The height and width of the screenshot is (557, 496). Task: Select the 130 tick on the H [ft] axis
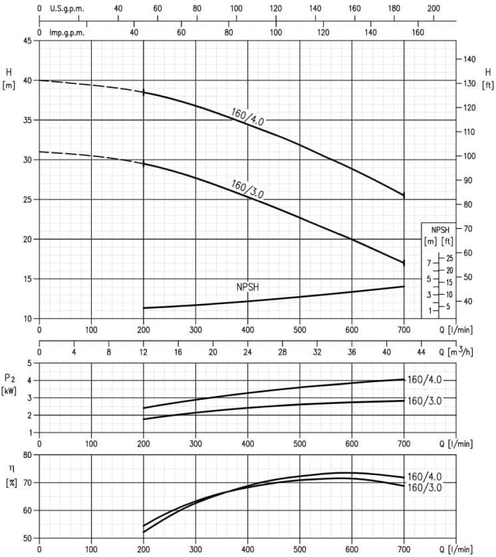point(470,84)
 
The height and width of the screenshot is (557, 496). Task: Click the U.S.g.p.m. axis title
point(67,9)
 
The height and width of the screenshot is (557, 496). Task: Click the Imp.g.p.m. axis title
point(67,32)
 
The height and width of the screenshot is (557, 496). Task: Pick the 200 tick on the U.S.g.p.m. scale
point(433,9)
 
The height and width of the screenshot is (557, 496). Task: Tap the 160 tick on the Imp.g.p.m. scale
point(418,32)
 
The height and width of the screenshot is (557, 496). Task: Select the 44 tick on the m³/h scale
point(421,351)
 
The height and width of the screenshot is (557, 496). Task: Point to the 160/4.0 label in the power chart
point(425,380)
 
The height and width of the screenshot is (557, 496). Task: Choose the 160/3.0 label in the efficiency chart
point(425,487)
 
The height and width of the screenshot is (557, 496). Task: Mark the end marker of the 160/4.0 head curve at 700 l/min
point(404,196)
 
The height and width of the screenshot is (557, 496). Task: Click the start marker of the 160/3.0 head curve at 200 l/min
point(144,164)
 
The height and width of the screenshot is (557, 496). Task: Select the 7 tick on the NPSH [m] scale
point(429,263)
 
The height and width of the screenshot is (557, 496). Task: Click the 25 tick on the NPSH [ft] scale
point(449,258)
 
